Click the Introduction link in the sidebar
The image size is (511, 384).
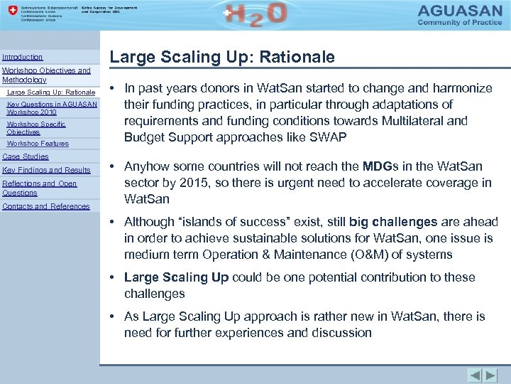[x=23, y=57]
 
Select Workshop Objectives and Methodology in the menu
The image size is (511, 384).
[x=46, y=75]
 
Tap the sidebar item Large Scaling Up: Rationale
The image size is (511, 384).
[x=50, y=92]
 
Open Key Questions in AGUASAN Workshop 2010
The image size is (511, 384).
[x=52, y=108]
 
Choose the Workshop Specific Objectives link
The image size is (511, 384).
[x=36, y=128]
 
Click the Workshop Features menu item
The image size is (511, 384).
[x=38, y=144]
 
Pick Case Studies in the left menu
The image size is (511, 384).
[x=26, y=156]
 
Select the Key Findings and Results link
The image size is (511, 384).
[x=46, y=170]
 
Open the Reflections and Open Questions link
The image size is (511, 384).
[x=39, y=188]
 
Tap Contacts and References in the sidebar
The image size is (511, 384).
[x=46, y=206]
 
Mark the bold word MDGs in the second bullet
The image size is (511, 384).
[x=383, y=167]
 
